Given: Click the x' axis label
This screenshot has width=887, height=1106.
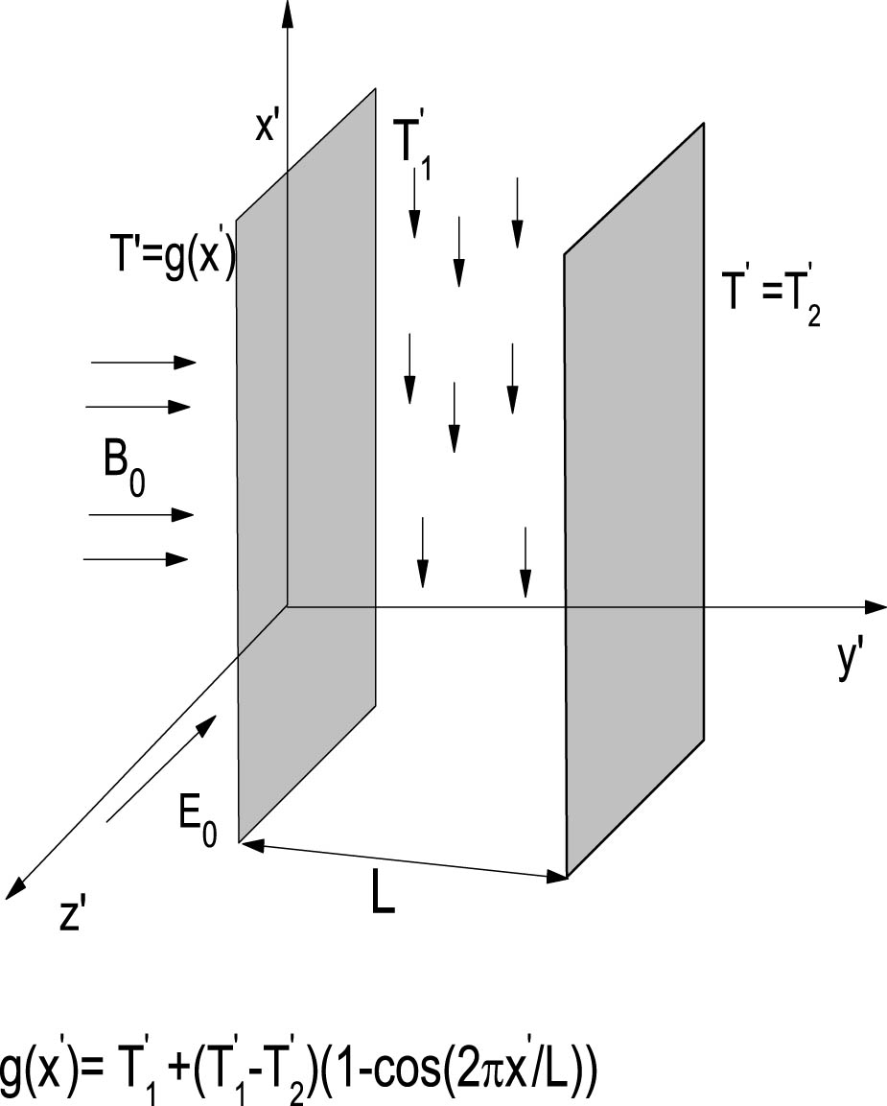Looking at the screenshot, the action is click(268, 129).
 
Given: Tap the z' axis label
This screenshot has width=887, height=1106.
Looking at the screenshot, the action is click(74, 916).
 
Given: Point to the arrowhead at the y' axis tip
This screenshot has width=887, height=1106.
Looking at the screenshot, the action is click(874, 606).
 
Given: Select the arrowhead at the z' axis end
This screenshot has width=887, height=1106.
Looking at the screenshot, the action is click(13, 891).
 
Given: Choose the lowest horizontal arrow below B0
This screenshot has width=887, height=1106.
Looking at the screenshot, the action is click(138, 558).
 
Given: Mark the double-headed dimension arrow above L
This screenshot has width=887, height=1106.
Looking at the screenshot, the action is click(403, 859).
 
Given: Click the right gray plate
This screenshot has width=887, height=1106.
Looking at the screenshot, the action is click(635, 499).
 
